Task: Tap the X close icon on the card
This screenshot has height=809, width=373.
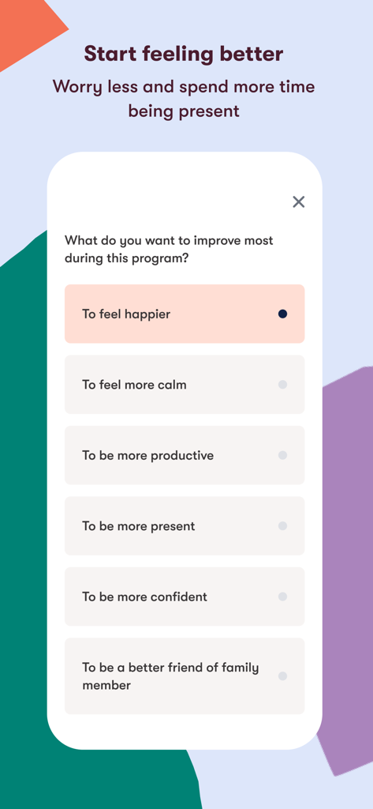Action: coord(298,201)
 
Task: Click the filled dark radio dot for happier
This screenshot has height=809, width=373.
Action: coord(282,314)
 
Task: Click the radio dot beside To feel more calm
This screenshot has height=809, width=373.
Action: coord(282,385)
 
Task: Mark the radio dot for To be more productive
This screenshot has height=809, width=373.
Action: coord(282,455)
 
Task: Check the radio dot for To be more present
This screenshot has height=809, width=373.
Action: coord(282,526)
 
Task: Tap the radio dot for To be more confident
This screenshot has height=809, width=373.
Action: coord(282,596)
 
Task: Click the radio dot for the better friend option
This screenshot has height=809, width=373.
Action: coord(282,676)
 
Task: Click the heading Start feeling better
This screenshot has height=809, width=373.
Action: coord(184,54)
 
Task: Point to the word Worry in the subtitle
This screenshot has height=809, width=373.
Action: coord(76,87)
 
